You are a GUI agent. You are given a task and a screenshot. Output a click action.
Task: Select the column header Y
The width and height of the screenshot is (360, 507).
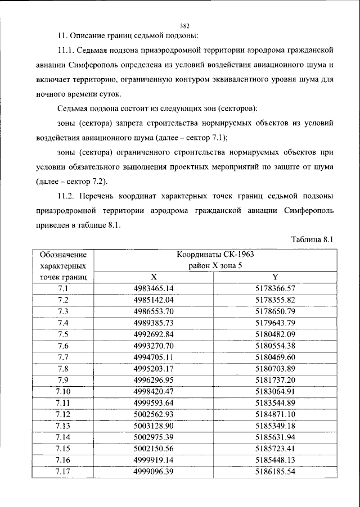(275, 277)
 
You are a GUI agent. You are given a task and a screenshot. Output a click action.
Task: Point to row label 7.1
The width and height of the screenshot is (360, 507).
(63, 288)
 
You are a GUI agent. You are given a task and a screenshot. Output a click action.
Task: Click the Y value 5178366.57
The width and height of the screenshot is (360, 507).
(275, 288)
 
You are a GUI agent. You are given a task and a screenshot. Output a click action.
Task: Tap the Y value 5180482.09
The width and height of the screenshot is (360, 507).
(275, 334)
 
